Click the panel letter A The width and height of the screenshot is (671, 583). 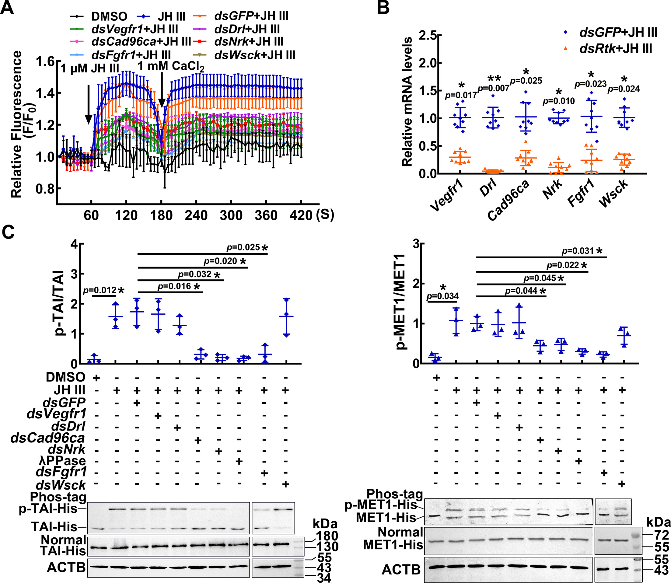click(7, 8)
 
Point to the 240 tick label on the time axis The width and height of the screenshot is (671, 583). click(196, 215)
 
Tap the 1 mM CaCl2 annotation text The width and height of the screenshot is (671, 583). click(171, 66)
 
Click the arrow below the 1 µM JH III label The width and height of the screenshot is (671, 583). click(88, 104)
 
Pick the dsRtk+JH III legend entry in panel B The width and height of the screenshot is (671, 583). click(615, 49)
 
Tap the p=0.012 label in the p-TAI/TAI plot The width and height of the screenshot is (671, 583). click(99, 290)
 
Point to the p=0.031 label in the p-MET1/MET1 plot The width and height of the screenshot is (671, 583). click(578, 251)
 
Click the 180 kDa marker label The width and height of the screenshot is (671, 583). click(327, 536)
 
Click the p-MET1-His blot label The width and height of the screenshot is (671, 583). click(380, 505)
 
